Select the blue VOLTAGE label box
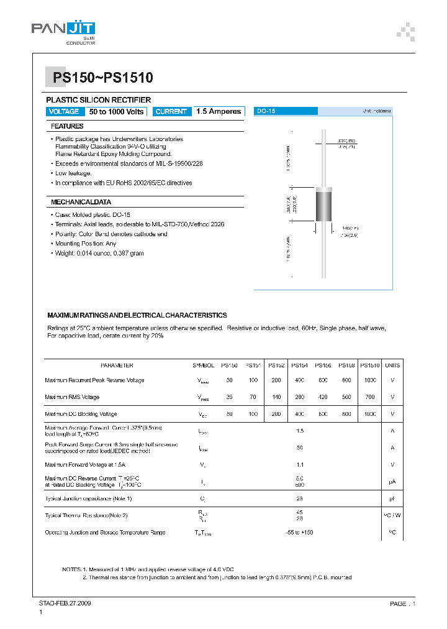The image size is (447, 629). [x=64, y=112]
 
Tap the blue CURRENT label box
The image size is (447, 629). [x=171, y=112]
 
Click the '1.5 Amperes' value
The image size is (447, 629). [x=218, y=112]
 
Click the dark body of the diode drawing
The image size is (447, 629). [x=325, y=205]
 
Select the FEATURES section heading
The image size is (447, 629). [x=67, y=126]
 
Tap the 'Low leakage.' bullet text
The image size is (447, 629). [x=73, y=173]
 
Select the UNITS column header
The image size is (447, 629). [x=392, y=365]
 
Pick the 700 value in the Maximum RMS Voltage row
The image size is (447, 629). [x=369, y=397]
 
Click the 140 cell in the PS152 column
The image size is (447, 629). [x=276, y=397]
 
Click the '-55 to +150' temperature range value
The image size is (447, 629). [x=300, y=533]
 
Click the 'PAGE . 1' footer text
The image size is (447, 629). [x=402, y=604]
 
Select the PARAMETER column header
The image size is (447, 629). [x=117, y=365]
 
